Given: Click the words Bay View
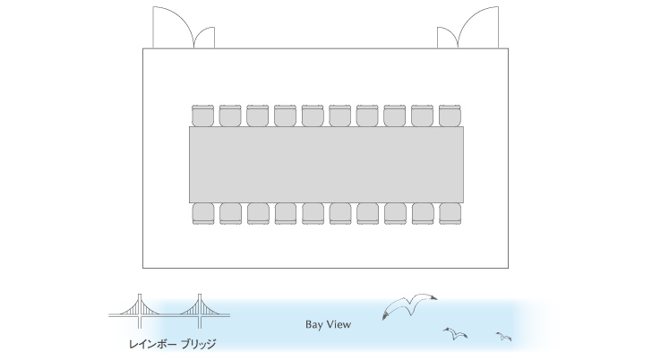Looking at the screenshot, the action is (328, 325).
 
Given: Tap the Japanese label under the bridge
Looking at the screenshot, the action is (172, 344).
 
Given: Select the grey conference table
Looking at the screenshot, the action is (326, 165).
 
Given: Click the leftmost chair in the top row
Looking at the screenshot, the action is (203, 116).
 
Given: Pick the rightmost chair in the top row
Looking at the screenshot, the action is (450, 116).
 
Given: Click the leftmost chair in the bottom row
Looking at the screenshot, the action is (203, 214).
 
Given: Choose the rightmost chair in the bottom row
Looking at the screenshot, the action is (450, 214).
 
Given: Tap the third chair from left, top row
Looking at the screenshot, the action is (258, 116).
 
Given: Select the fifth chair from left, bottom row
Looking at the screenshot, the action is (313, 214).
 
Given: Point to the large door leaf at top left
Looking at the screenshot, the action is (174, 27).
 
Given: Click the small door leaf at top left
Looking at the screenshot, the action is (204, 38).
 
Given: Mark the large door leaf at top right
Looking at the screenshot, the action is (477, 27).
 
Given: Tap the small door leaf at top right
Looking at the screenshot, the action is (448, 38).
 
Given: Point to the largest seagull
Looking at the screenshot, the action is (409, 306).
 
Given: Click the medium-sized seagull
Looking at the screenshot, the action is (455, 333).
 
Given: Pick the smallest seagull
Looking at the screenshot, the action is (503, 337).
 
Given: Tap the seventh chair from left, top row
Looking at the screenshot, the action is (367, 116).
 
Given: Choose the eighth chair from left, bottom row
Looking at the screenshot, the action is (396, 214).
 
